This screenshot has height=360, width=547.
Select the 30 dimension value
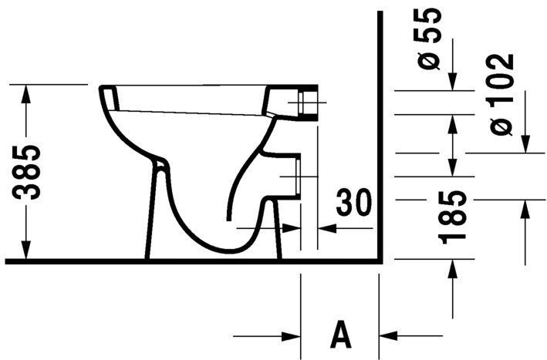[x=353, y=204]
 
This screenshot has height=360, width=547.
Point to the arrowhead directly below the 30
[x=328, y=228]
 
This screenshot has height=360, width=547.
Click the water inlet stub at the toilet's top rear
[x=309, y=102]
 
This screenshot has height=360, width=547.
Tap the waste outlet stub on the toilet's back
[x=289, y=177]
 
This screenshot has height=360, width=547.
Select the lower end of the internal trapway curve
[x=228, y=220]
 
